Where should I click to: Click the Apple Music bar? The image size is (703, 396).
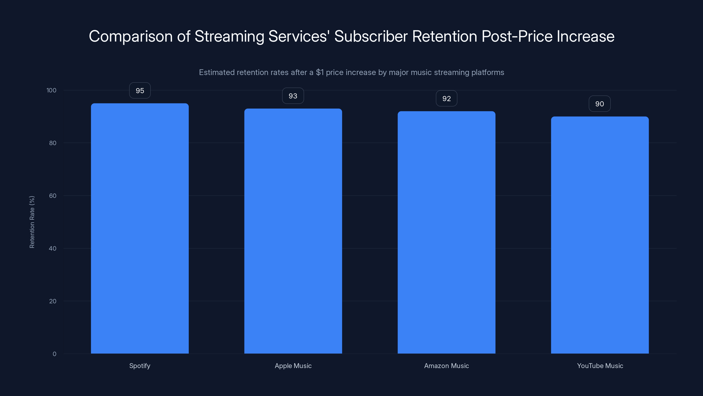tap(293, 231)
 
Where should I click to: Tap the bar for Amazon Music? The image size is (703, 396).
tap(446, 232)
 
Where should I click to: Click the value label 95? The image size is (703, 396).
tap(140, 90)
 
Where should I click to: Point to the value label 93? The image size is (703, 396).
tap(293, 96)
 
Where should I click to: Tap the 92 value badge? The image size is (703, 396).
tap(446, 98)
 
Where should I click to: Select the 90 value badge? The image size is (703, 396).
tap(600, 104)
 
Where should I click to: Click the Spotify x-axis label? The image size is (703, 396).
tap(140, 366)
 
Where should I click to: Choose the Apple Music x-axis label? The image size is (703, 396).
tap(293, 366)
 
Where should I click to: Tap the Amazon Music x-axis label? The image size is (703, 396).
tap(446, 366)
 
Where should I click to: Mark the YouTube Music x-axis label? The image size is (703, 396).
tap(600, 366)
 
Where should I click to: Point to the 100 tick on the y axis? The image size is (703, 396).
tap(51, 90)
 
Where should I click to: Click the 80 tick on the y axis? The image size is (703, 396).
tap(53, 143)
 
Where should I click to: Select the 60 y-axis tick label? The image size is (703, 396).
tap(53, 196)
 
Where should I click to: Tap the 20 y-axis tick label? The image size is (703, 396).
tap(53, 301)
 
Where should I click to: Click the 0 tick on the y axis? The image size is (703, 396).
tap(54, 354)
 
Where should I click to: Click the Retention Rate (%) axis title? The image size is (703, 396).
tap(32, 222)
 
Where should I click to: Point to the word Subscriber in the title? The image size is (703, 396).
tap(371, 36)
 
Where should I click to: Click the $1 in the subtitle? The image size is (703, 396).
tap(320, 72)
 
